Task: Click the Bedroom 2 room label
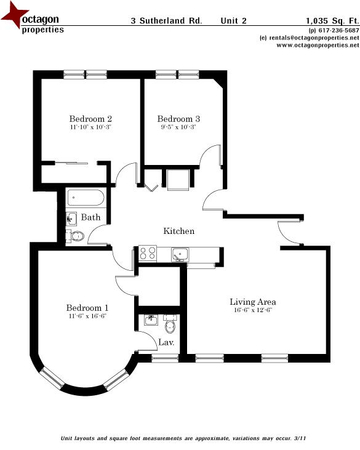tap(90, 119)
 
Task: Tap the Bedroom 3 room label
tap(178, 119)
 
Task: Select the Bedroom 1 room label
tap(87, 308)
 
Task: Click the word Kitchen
tap(178, 231)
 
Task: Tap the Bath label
tap(90, 217)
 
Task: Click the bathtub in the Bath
tap(86, 199)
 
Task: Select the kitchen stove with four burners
tap(148, 253)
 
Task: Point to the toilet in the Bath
tap(76, 236)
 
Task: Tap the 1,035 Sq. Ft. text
tap(332, 20)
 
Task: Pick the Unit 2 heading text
tap(234, 20)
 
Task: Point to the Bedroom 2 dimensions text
tap(90, 127)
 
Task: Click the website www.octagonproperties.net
tap(313, 45)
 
